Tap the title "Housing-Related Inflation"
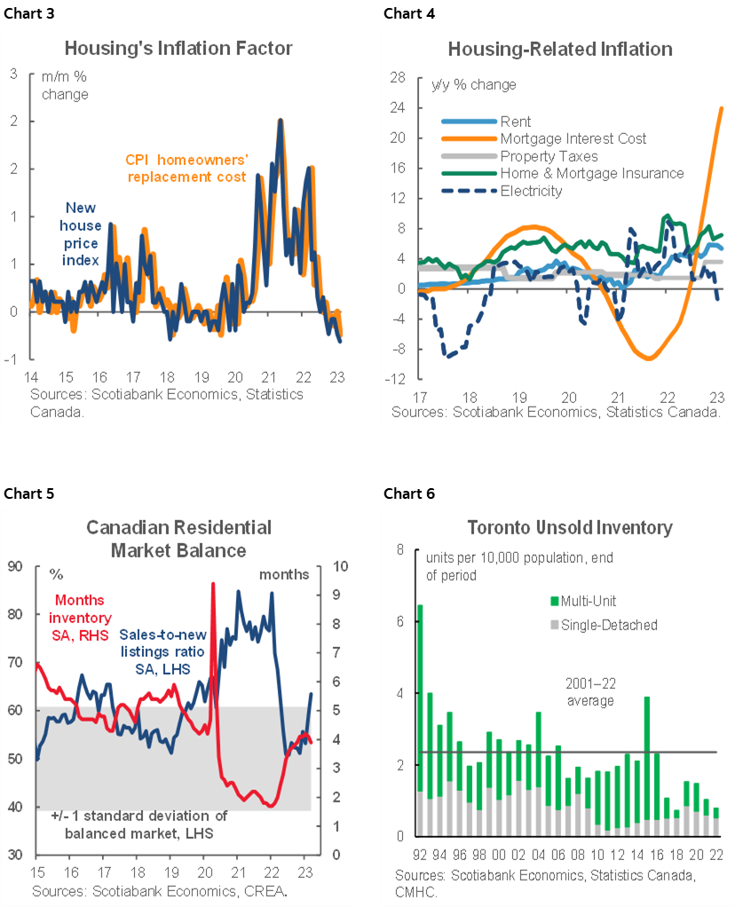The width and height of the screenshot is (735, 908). coord(560,48)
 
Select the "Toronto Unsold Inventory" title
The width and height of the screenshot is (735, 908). coord(570,528)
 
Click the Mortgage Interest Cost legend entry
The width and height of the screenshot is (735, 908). coord(573,138)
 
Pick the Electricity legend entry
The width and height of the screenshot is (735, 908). coord(531,190)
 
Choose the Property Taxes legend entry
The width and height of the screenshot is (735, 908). coord(549,156)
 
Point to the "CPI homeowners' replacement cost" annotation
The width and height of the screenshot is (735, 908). coord(186,168)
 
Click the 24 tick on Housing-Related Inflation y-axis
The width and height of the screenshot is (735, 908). coord(399,107)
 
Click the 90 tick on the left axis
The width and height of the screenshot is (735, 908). coord(17,566)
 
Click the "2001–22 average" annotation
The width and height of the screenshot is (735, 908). coord(590,691)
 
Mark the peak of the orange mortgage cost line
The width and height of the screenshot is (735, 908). coord(721,108)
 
